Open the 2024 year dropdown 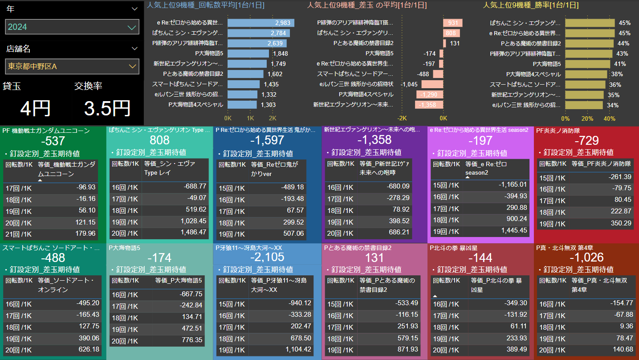click(x=72, y=27)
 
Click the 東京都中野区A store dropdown click(x=72, y=67)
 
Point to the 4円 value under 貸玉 click(x=35, y=108)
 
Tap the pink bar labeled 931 click(x=453, y=23)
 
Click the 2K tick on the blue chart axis click(x=273, y=119)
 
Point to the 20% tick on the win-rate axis click(x=587, y=119)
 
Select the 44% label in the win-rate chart click(x=623, y=43)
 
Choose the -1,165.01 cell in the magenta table click(x=512, y=184)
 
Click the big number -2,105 click(x=267, y=257)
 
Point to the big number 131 click(x=374, y=257)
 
